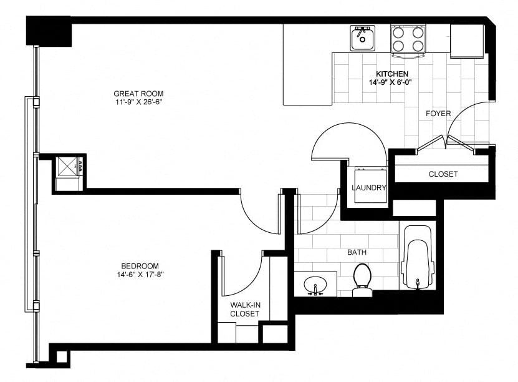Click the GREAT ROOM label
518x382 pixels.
pos(138,94)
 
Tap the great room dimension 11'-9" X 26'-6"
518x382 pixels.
pos(138,102)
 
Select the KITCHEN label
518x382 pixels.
pos(392,74)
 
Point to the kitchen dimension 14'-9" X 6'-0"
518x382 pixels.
pos(392,82)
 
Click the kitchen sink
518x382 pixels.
pos(362,38)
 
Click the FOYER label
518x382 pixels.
pos(438,114)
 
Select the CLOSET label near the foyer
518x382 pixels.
pos(443,174)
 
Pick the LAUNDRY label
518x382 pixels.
pos(368,188)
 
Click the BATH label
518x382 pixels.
pos(357,252)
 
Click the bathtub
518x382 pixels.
pos(418,258)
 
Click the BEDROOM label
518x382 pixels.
pos(140,266)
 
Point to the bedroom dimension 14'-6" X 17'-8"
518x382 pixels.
pos(140,275)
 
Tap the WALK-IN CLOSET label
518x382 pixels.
pos(245,309)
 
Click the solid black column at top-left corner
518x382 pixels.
pos(49,31)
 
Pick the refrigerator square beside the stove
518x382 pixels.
pos(466,41)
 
